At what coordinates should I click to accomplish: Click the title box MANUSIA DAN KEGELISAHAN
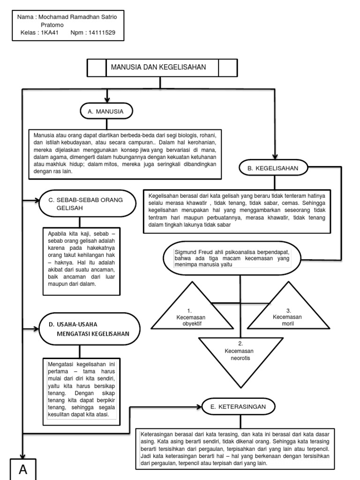click(x=162, y=67)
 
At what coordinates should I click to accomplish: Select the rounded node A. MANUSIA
click(x=106, y=111)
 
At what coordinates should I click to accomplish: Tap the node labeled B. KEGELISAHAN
click(x=273, y=168)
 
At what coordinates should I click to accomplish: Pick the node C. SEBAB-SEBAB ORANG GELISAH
click(x=88, y=203)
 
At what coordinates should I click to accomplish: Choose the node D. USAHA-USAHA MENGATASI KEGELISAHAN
click(x=90, y=329)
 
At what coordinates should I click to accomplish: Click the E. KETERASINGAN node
click(x=239, y=406)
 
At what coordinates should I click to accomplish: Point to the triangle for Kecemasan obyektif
click(x=192, y=306)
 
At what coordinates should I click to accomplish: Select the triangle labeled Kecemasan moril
click(x=288, y=306)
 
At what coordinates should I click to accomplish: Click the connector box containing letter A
click(x=23, y=469)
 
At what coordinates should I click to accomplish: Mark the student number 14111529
click(x=102, y=33)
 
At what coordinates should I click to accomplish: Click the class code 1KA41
click(x=50, y=33)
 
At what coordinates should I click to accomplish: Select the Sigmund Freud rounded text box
click(x=232, y=258)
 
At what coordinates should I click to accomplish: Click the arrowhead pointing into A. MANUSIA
click(x=107, y=100)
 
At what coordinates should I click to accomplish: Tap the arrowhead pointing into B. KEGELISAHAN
click(x=275, y=157)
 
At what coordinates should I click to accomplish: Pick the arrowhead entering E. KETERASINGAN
click(x=199, y=407)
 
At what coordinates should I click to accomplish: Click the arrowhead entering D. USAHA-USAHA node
click(x=37, y=329)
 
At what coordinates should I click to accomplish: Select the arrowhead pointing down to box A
click(x=23, y=456)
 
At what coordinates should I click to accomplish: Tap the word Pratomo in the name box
click(x=52, y=25)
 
